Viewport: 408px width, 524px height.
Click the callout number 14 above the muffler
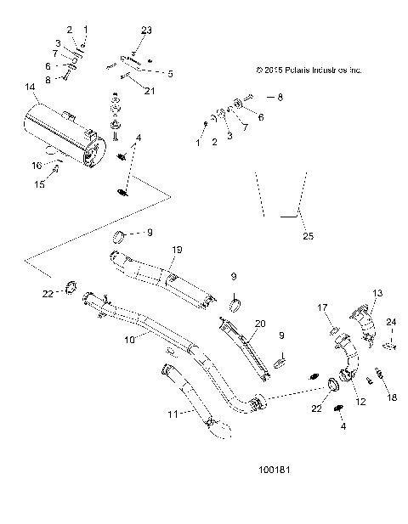pyautogui.click(x=31, y=87)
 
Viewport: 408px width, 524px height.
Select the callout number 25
pyautogui.click(x=307, y=236)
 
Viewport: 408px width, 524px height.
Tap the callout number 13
pyautogui.click(x=377, y=293)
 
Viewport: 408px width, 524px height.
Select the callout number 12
pyautogui.click(x=360, y=403)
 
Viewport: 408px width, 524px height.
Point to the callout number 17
pyautogui.click(x=324, y=307)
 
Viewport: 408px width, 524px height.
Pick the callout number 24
pyautogui.click(x=392, y=321)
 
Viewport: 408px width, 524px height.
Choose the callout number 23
pyautogui.click(x=146, y=31)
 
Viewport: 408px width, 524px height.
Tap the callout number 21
pyautogui.click(x=150, y=91)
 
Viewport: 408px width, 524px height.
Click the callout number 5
pyautogui.click(x=170, y=74)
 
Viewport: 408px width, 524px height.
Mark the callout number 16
pyautogui.click(x=37, y=165)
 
